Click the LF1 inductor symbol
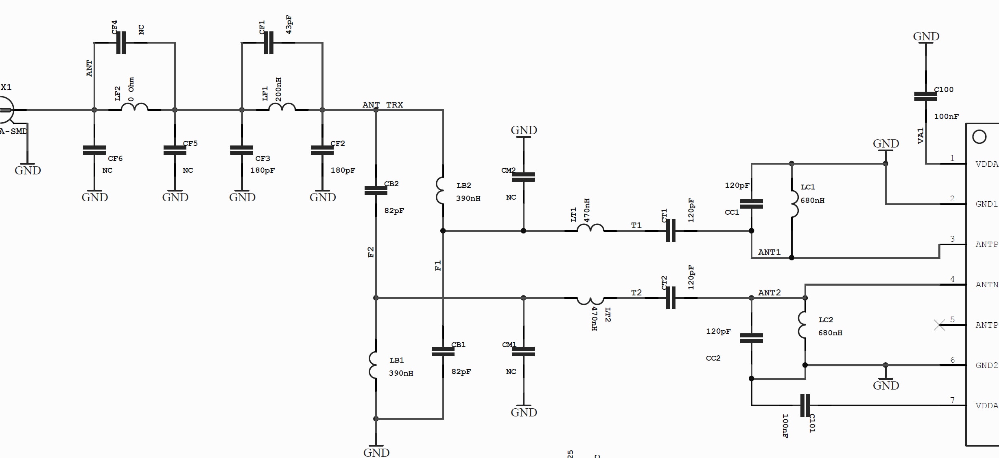(282, 108)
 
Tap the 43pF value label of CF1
(289, 24)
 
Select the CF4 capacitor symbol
(121, 43)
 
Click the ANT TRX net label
(383, 105)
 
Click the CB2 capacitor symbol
(376, 190)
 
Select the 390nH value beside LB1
(401, 373)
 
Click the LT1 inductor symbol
(590, 229)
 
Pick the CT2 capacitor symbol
(671, 298)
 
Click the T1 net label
(636, 225)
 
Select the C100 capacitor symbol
(925, 97)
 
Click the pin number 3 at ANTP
(952, 239)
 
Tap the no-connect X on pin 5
(939, 325)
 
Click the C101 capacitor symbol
(804, 405)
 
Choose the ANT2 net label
(769, 293)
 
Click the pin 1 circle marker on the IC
(979, 137)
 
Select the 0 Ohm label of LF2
(131, 89)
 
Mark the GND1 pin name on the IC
(986, 204)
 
